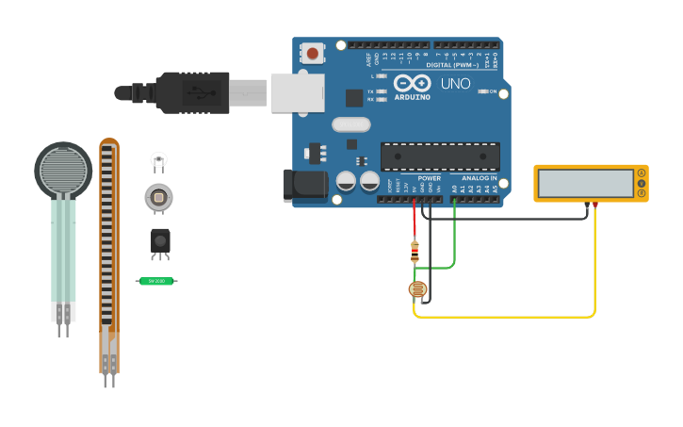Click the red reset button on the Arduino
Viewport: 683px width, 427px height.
[x=312, y=53]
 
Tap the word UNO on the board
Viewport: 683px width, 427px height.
[x=456, y=84]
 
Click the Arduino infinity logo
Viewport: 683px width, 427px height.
[x=412, y=83]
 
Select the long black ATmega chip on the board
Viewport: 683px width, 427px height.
[x=439, y=156]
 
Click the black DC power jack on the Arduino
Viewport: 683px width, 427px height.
[x=303, y=185]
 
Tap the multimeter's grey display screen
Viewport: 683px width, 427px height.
[x=586, y=183]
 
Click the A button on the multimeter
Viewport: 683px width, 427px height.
[x=642, y=172]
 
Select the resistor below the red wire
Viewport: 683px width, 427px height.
[x=415, y=251]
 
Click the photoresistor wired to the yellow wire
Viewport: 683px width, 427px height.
[x=418, y=289]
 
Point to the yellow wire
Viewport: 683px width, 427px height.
[x=594, y=273]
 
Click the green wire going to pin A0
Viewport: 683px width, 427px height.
[x=454, y=245]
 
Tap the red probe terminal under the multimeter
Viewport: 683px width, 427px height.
[x=594, y=205]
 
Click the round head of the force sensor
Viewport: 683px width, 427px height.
[x=63, y=170]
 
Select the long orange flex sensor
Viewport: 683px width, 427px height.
[x=109, y=255]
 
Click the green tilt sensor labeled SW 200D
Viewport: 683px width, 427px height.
[x=156, y=281]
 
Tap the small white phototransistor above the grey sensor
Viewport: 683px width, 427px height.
[x=158, y=159]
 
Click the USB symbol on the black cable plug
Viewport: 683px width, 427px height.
[x=198, y=92]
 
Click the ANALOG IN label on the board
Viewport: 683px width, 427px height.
[x=479, y=177]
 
